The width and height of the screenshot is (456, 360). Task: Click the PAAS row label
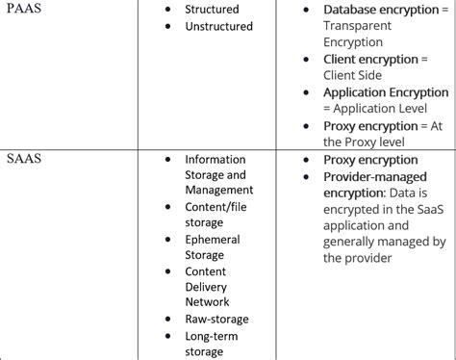point(28,11)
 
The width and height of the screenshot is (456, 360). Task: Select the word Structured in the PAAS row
point(213,10)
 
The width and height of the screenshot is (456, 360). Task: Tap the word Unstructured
point(219,26)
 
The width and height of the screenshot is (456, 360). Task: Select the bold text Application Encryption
point(386,92)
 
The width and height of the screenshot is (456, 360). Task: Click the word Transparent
point(362,26)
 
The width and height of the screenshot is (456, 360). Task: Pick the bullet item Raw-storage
point(216,319)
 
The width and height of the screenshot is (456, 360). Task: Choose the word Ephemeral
point(213,240)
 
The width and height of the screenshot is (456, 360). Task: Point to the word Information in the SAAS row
point(215,160)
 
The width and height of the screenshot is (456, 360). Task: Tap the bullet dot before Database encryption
point(306,11)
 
